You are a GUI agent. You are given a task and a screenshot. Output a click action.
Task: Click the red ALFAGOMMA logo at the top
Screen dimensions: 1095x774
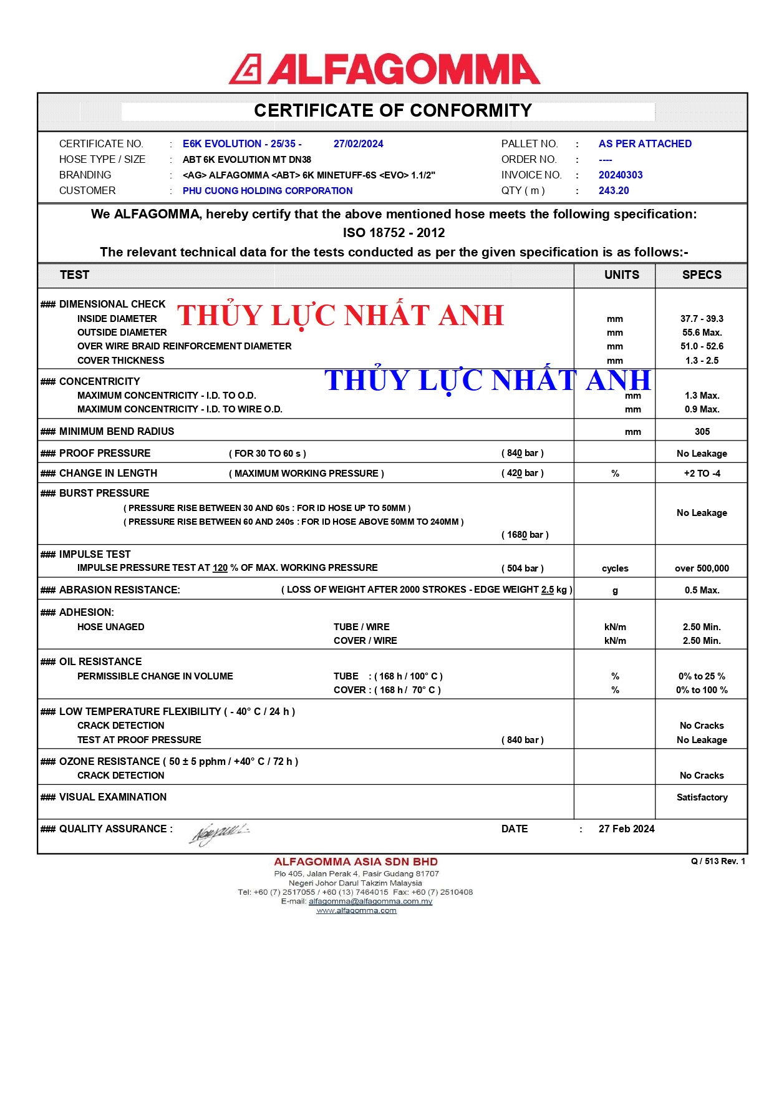click(x=384, y=69)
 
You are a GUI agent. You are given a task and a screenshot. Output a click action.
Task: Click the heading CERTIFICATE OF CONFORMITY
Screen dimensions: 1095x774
click(x=393, y=110)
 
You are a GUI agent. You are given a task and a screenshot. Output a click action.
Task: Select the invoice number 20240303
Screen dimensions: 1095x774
click(x=620, y=175)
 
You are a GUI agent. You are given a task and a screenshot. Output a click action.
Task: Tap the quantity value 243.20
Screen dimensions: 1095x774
click(x=613, y=191)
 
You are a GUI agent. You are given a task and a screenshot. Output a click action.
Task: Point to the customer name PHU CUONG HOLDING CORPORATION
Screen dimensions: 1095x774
click(x=267, y=191)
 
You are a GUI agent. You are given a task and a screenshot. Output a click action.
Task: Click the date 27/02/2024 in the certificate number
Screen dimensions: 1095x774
click(x=358, y=144)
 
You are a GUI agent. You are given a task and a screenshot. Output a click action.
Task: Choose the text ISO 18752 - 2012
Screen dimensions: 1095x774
click(x=394, y=233)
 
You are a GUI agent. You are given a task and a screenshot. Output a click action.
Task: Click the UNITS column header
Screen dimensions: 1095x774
click(x=621, y=275)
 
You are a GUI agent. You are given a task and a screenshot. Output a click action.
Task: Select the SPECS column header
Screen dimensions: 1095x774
click(x=702, y=275)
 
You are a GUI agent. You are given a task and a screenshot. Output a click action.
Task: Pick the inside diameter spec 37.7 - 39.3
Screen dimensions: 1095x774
click(x=702, y=319)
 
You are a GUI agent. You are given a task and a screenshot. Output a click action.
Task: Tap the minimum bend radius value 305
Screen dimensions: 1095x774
click(x=702, y=432)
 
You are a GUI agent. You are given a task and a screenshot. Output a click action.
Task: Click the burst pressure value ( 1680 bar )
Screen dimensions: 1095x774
click(x=525, y=535)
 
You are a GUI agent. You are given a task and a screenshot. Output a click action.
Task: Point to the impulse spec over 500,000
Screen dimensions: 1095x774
click(x=702, y=568)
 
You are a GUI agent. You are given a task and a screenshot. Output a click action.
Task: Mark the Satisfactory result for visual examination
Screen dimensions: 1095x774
click(x=702, y=797)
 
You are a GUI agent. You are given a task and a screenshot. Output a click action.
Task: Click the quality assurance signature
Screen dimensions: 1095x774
click(x=218, y=832)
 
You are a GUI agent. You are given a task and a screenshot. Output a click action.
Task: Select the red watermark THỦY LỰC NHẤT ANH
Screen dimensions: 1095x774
click(x=341, y=316)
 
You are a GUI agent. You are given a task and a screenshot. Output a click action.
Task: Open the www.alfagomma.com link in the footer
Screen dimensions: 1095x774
click(x=356, y=911)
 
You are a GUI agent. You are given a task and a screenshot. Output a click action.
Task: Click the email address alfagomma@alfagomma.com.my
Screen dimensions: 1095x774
click(x=370, y=902)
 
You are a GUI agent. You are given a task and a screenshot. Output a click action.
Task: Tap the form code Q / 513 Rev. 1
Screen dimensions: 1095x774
click(x=718, y=862)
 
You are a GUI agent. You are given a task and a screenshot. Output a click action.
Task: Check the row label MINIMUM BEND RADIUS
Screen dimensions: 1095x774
click(x=116, y=432)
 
